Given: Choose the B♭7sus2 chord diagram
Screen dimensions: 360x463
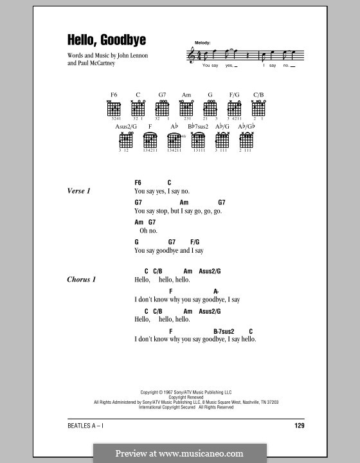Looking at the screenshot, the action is (x=197, y=141).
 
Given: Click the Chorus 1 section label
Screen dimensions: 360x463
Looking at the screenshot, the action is (x=83, y=280).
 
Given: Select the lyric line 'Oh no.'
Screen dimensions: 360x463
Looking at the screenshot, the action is (x=148, y=230).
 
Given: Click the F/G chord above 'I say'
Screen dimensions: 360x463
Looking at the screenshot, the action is (x=195, y=242).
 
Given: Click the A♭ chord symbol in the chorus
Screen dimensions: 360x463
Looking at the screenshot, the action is (x=217, y=291).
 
